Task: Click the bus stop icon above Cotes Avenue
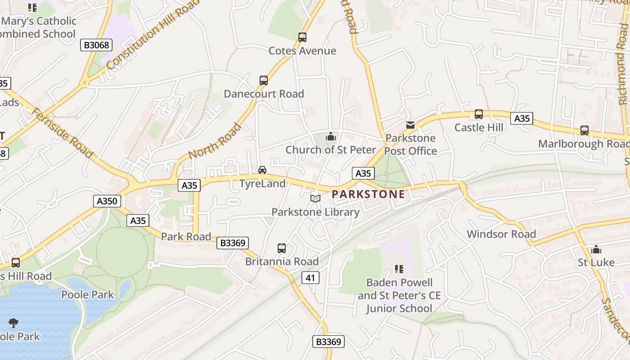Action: click(302, 37)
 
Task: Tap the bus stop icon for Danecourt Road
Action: click(264, 81)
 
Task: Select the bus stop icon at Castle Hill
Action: click(479, 114)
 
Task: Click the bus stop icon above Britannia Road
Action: click(282, 248)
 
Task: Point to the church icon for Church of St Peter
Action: click(331, 136)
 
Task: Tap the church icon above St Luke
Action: click(596, 249)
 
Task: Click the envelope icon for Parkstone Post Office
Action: click(410, 125)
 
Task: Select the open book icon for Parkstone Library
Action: click(315, 198)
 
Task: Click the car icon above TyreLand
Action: click(262, 170)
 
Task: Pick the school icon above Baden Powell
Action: click(399, 269)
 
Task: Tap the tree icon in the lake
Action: click(13, 322)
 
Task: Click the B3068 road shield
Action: click(96, 45)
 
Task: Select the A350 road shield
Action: click(107, 201)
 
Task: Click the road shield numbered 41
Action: click(310, 278)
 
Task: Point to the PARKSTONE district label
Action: click(368, 194)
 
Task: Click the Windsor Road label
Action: click(501, 234)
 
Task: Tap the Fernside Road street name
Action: click(63, 133)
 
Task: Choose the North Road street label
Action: click(215, 141)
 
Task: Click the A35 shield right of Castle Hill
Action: click(522, 118)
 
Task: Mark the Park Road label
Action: click(186, 237)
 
